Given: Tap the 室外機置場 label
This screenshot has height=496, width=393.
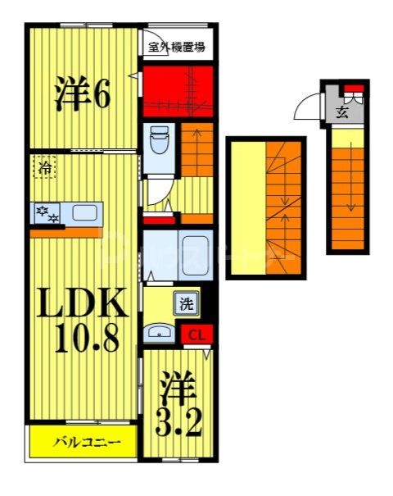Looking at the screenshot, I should click(176, 47).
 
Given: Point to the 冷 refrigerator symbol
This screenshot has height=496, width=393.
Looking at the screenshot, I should click(46, 168).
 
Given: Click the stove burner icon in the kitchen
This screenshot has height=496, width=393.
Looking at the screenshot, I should click(46, 214).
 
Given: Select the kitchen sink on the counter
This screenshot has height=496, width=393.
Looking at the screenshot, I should click(84, 213).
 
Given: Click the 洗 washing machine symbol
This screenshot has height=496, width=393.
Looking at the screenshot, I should click(187, 304).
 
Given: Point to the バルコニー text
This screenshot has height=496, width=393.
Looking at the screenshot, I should click(88, 442).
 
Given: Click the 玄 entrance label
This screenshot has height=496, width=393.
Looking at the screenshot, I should click(341, 112).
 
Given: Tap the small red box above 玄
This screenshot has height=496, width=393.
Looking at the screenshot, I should click(353, 89).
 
